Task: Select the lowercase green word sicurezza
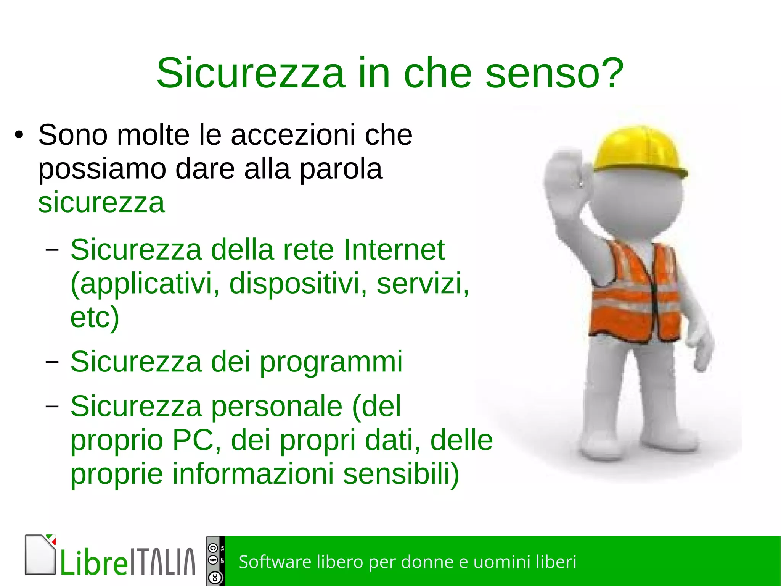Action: click(101, 202)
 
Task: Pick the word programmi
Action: click(331, 361)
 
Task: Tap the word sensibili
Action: click(400, 473)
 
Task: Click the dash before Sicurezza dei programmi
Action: click(52, 361)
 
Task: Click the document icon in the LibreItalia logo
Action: click(40, 555)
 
